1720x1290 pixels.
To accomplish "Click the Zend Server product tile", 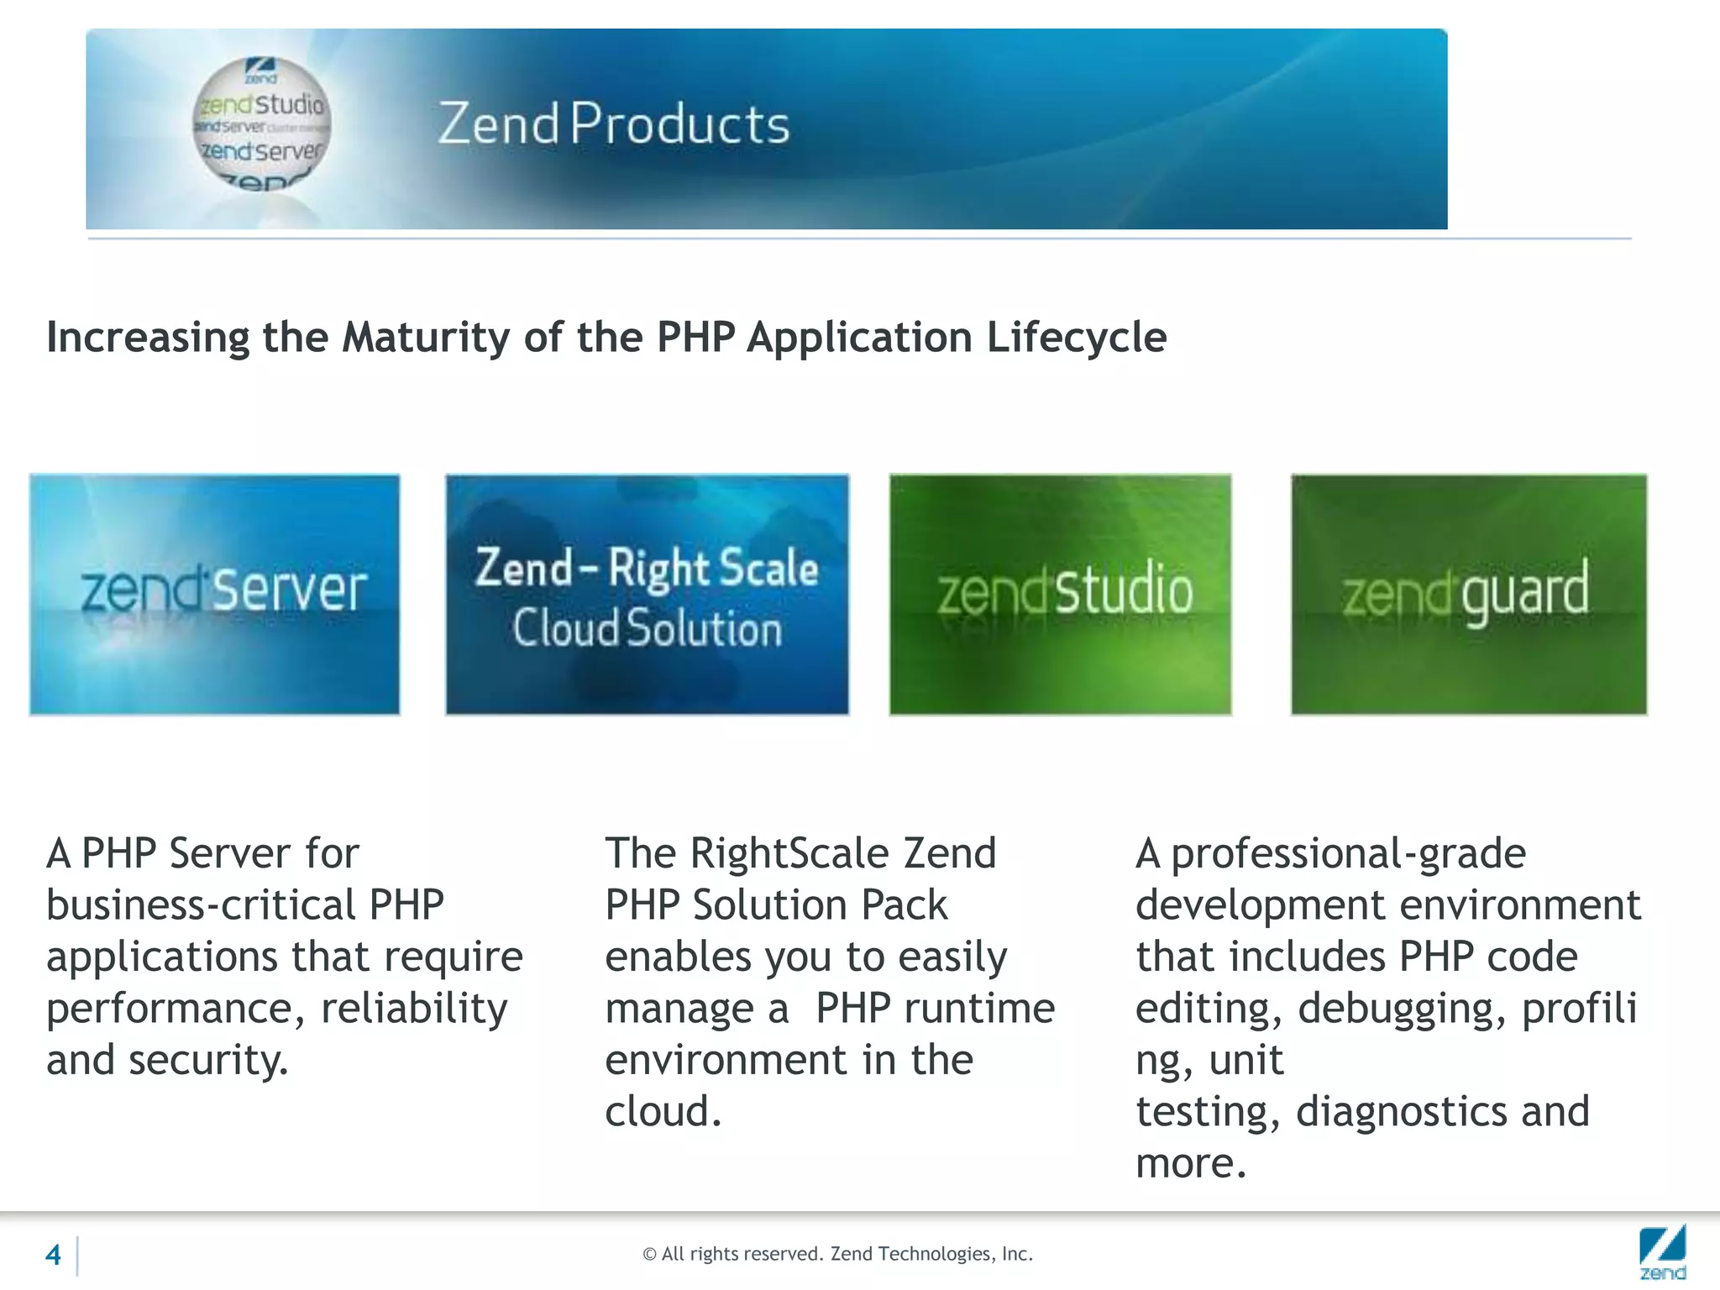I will [214, 594].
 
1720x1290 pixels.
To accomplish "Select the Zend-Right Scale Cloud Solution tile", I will [647, 594].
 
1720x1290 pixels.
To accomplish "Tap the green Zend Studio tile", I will [1060, 594].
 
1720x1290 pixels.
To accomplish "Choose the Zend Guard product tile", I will [1468, 594].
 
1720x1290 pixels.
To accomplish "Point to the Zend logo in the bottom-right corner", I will [1662, 1251].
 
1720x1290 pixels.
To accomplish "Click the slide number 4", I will [53, 1255].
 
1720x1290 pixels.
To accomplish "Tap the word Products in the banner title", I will [680, 124].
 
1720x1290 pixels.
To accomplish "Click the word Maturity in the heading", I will [426, 338].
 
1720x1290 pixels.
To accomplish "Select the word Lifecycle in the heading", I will [1076, 338].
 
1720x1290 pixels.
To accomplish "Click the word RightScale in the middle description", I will [789, 853].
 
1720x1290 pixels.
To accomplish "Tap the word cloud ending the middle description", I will [661, 1112].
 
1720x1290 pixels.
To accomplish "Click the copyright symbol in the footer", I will [649, 1255].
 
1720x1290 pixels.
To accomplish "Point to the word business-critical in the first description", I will [202, 905].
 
